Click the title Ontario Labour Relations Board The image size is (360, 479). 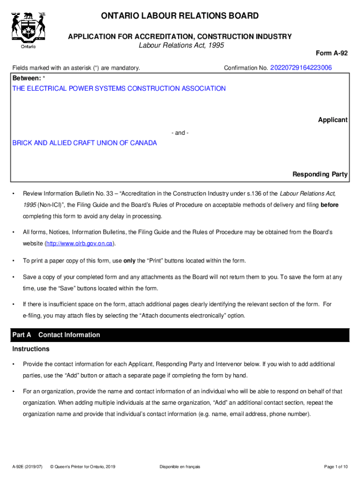180,16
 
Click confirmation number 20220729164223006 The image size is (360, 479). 301,68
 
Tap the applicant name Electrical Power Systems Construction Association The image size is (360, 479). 119,88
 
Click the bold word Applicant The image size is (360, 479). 332,120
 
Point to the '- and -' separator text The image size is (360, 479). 180,133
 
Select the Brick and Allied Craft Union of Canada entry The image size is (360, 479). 85,143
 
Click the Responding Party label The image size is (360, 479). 320,174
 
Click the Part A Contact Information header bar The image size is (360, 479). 180,335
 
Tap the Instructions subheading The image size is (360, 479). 31,349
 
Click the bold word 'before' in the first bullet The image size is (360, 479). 329,205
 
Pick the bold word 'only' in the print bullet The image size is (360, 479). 130,261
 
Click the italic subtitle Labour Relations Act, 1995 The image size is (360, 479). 181,45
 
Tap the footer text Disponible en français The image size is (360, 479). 180,466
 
